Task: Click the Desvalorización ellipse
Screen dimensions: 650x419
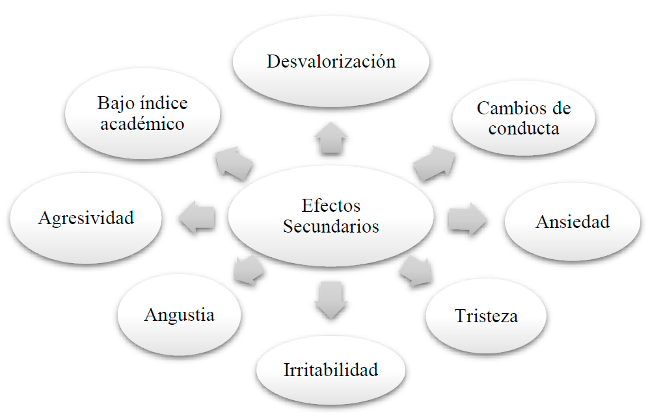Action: click(x=331, y=62)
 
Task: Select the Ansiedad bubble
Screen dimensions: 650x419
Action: click(x=573, y=222)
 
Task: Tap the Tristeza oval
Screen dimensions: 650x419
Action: click(x=486, y=316)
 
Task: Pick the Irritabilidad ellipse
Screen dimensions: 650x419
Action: click(x=331, y=370)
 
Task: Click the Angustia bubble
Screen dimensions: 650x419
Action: click(x=179, y=315)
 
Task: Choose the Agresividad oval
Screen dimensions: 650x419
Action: click(x=86, y=218)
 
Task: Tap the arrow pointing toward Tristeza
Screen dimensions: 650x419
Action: click(x=417, y=271)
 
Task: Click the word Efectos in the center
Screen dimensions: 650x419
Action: click(x=331, y=206)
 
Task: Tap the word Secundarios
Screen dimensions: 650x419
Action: click(x=331, y=227)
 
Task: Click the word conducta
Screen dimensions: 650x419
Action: click(x=523, y=128)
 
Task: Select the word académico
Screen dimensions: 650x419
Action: click(x=142, y=123)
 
